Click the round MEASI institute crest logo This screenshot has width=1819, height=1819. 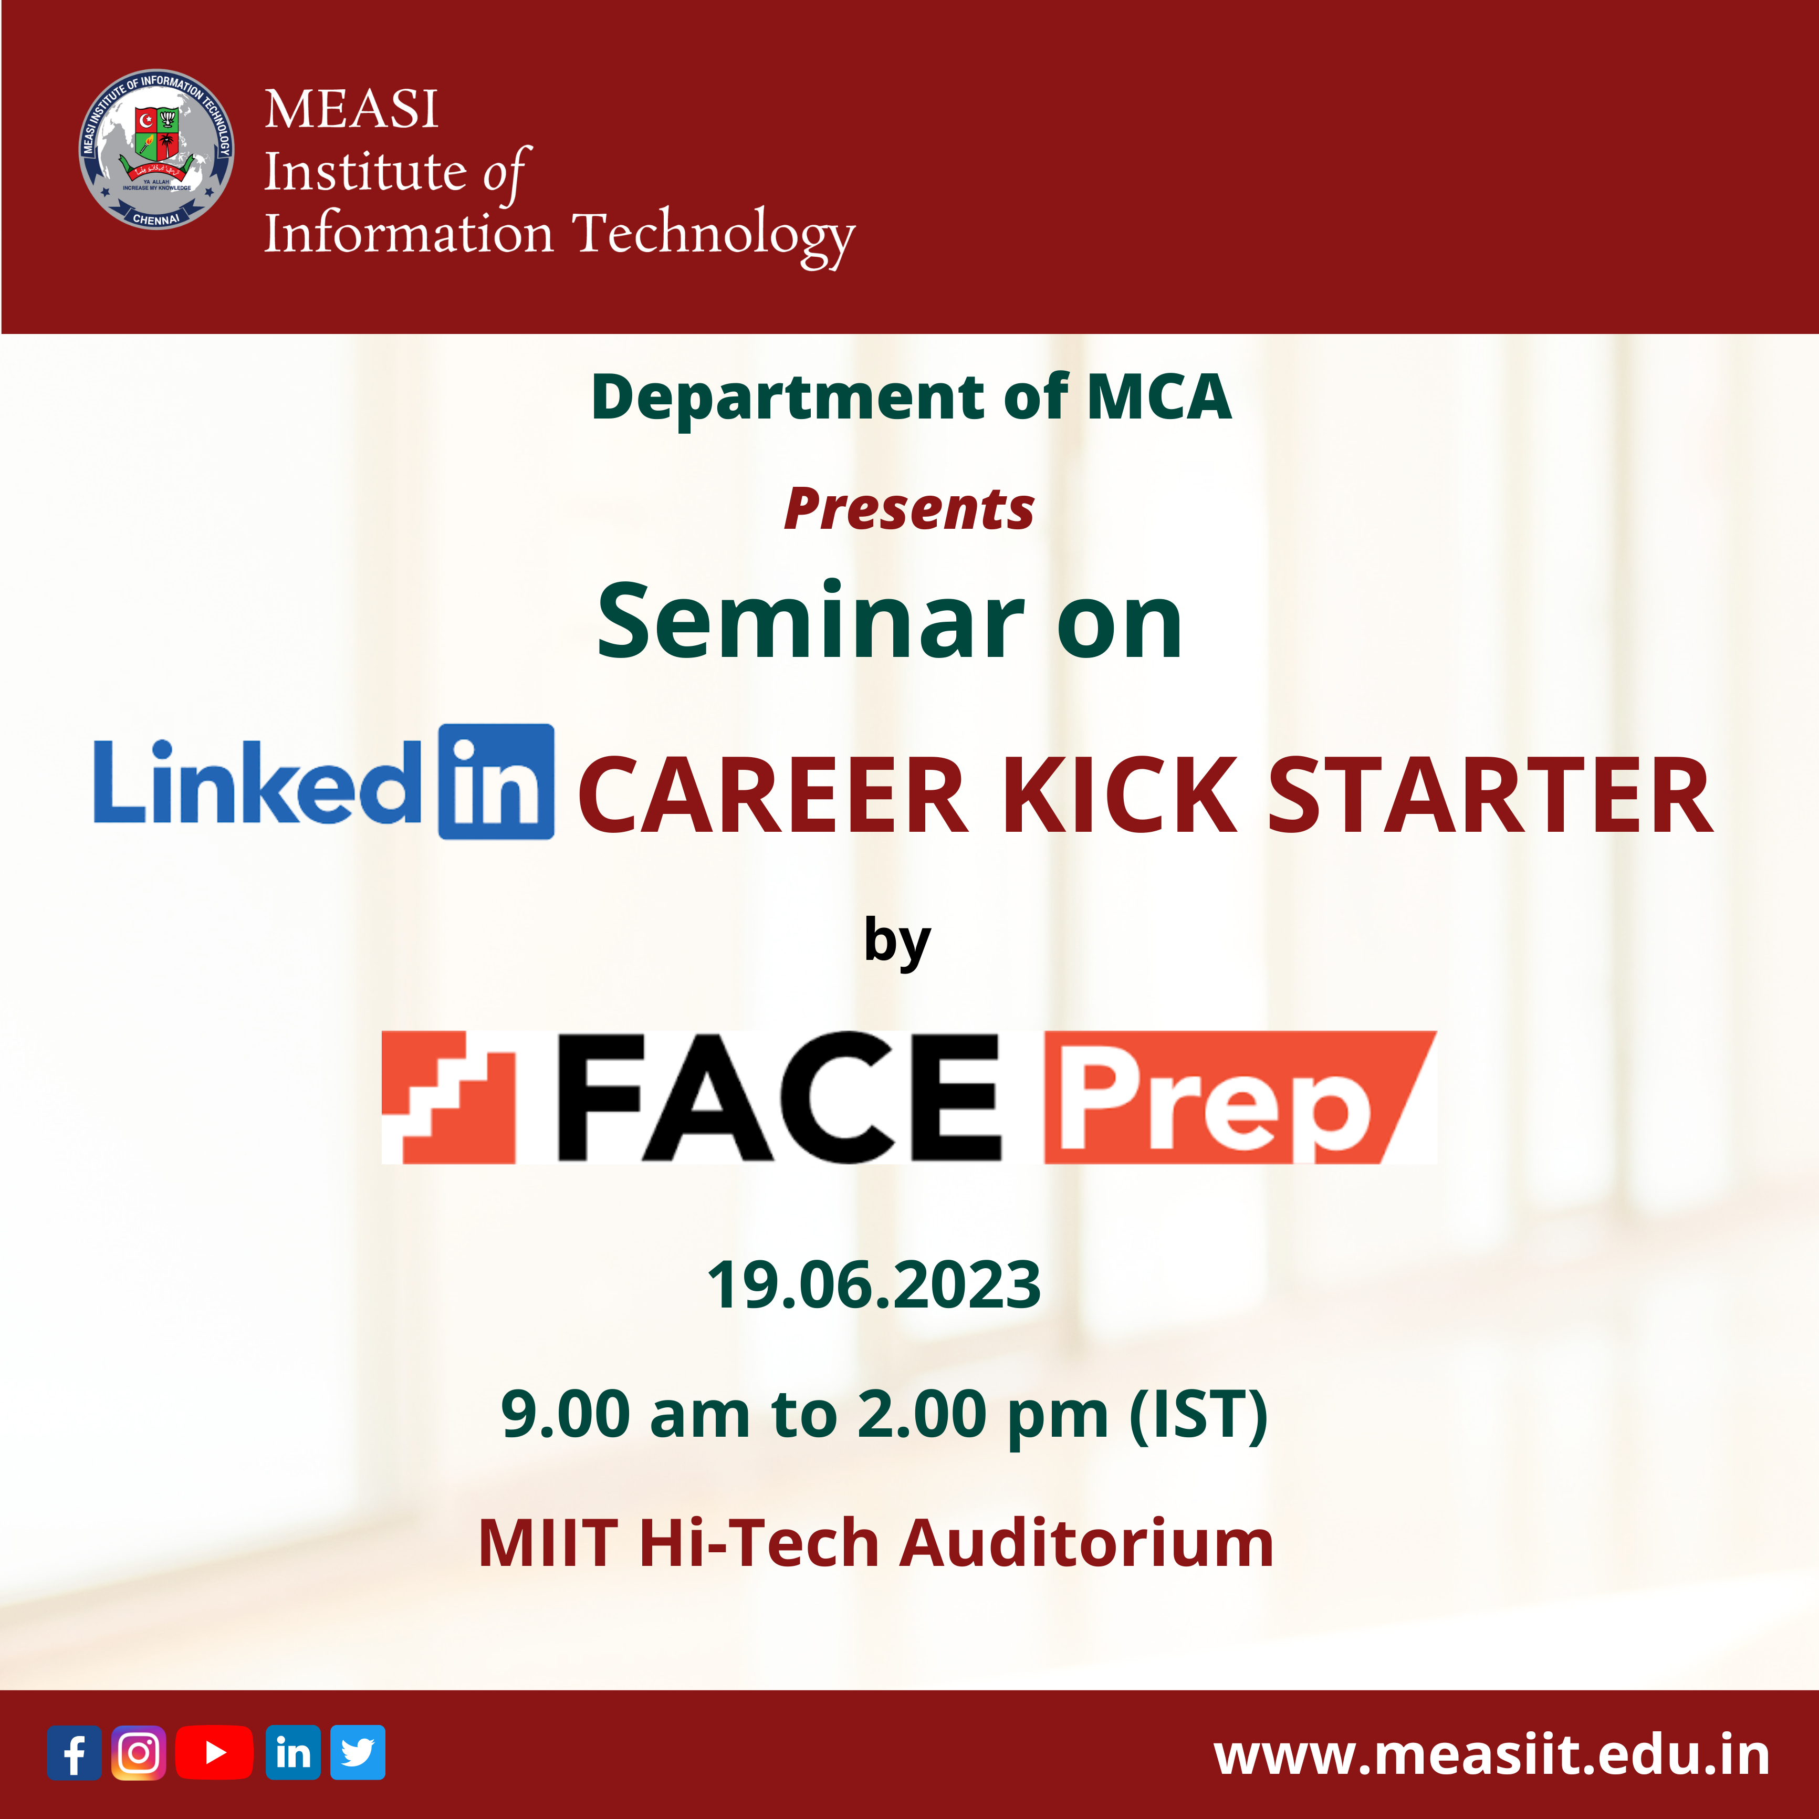point(156,149)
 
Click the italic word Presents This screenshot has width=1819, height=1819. point(909,509)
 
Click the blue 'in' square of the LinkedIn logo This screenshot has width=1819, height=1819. point(496,781)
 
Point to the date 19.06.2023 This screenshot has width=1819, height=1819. point(874,1284)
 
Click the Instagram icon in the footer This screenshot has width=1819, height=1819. point(139,1752)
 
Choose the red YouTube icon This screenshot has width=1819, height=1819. point(215,1752)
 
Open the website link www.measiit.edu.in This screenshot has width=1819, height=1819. point(1491,1755)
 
